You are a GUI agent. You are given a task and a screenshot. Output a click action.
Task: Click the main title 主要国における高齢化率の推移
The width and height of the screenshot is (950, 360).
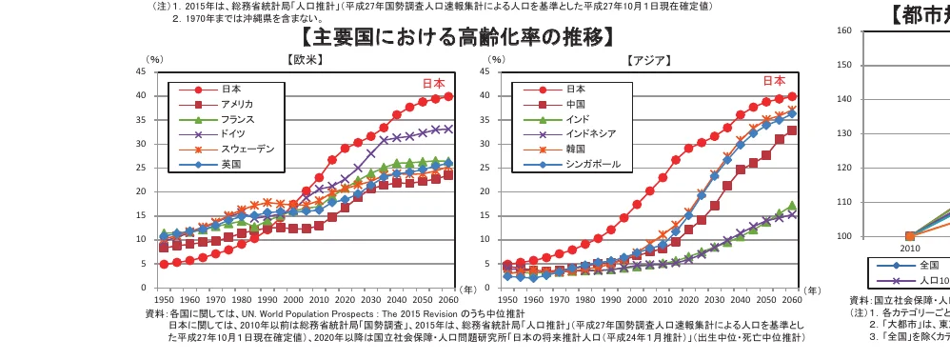pos(456,37)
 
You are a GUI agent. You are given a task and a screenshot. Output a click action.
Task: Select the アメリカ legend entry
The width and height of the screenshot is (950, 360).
pos(236,104)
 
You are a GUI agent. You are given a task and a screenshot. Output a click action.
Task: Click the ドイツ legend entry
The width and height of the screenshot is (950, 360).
pos(232,134)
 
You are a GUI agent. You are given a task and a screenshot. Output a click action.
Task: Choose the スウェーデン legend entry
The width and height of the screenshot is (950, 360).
pos(247,150)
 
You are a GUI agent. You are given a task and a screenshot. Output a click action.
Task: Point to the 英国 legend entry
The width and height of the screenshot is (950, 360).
pos(230,164)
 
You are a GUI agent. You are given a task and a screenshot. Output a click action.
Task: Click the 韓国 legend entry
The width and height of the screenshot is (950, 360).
pos(573,150)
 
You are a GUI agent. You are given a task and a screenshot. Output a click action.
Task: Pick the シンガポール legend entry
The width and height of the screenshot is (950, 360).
pos(592,164)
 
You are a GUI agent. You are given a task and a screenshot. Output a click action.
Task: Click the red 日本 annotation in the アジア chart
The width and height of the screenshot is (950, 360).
pos(773,81)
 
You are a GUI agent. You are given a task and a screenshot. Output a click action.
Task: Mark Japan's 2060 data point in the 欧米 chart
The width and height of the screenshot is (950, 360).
pos(448,96)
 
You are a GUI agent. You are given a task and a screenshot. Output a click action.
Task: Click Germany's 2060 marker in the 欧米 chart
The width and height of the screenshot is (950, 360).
pos(448,129)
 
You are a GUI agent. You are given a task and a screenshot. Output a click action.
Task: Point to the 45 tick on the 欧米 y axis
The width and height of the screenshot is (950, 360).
pos(140,71)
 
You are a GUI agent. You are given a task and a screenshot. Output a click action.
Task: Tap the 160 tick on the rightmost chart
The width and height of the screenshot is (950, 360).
pos(843,30)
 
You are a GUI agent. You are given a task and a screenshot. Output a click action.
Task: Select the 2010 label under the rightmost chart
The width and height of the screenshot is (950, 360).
pos(909,248)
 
